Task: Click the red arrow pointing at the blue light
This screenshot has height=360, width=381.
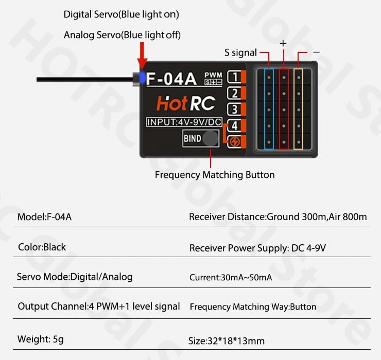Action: coord(142,56)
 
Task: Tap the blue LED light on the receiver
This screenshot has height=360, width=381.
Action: coord(143,78)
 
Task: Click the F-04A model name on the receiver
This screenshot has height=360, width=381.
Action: coord(171,78)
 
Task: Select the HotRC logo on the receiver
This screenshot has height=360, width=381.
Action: coord(186,103)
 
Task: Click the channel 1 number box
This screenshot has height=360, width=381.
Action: coord(234,77)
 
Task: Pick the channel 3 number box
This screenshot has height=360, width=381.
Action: coord(234,109)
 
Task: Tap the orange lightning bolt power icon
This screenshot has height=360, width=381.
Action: coord(235,142)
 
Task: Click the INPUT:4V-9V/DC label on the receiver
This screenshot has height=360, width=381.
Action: coord(184,122)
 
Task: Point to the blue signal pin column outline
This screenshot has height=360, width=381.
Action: coord(269,109)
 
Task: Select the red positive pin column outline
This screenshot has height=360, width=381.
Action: coord(284,109)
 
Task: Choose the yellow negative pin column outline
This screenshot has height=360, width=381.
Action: coord(299,109)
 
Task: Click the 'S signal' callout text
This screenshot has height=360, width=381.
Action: coord(240,52)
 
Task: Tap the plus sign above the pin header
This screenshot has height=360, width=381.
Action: coord(283,43)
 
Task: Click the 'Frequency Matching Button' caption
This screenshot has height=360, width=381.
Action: coord(215,175)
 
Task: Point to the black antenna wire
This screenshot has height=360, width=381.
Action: coord(85,79)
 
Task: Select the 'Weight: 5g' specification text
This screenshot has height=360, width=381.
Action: coord(41,339)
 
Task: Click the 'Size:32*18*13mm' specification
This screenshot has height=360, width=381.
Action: coord(227,341)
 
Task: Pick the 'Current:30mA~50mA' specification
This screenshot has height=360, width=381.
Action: coord(231,277)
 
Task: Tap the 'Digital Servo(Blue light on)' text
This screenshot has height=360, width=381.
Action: coord(121,14)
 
